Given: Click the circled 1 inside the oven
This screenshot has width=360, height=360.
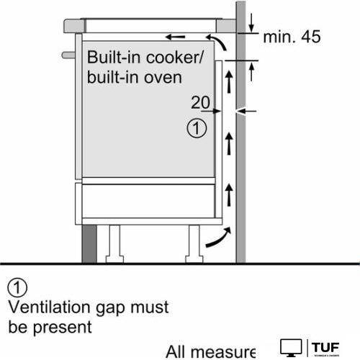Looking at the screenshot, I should (197, 130).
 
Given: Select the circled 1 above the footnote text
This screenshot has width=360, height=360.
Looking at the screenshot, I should (17, 289).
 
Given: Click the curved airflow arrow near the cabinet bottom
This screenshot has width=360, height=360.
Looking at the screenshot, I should (218, 238).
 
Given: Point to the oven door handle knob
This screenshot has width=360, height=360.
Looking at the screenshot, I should (68, 55).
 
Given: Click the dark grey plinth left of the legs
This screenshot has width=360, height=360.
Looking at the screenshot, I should (88, 243).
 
